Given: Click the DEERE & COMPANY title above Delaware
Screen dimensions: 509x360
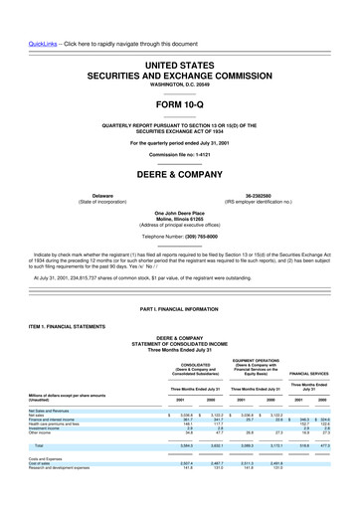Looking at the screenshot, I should pyautogui.click(x=180, y=168).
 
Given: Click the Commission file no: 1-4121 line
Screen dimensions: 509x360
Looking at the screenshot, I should pyautogui.click(x=180, y=154).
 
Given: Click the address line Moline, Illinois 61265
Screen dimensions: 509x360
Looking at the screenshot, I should pyautogui.click(x=180, y=219).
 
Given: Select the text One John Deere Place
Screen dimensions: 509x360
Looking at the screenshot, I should pyautogui.click(x=180, y=212).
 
